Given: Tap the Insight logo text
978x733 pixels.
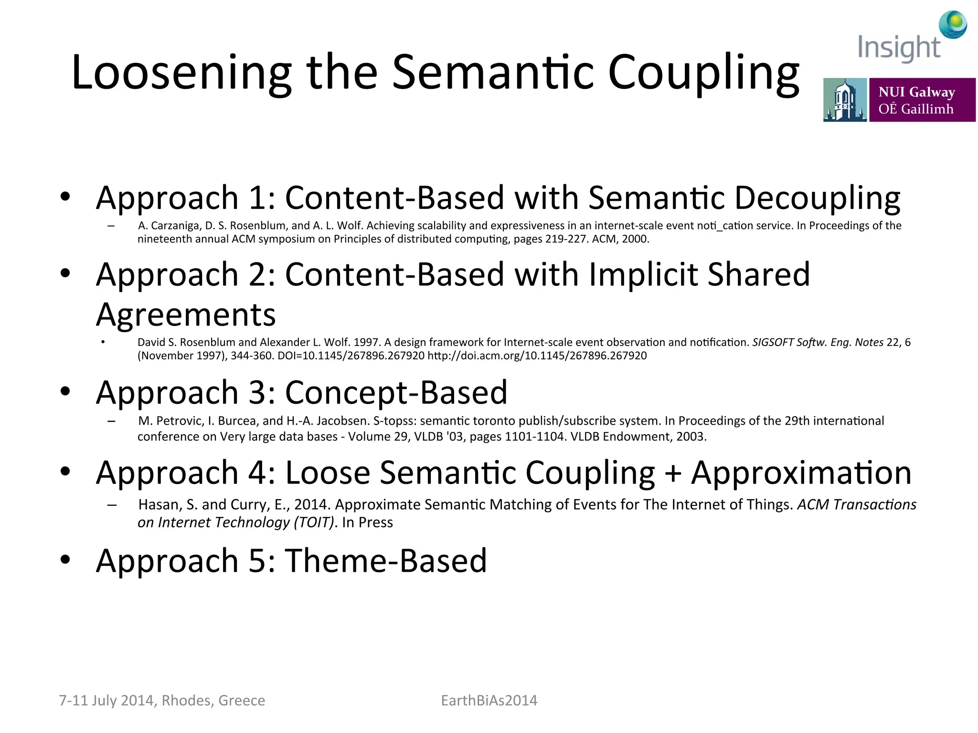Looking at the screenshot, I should point(898,48).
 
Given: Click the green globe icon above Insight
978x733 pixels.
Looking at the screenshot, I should point(953,24).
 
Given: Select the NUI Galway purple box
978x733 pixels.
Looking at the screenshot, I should point(922,100).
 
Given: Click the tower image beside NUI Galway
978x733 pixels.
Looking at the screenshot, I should point(844,100).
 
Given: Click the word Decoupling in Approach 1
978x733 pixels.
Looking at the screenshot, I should point(817,198).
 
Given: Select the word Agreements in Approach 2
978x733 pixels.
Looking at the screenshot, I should point(186,315).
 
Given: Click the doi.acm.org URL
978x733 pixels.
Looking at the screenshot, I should point(537,356).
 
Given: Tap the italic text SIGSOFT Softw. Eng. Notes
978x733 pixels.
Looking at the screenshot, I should point(818,343).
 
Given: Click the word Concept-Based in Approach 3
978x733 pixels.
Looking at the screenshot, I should point(396,393).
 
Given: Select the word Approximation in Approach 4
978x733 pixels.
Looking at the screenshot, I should point(801,473).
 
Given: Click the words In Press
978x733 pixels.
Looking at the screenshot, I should point(367,523).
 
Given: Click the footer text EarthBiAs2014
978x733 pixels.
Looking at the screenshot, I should point(489,701).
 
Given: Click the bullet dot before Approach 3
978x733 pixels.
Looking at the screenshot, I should point(65,392).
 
